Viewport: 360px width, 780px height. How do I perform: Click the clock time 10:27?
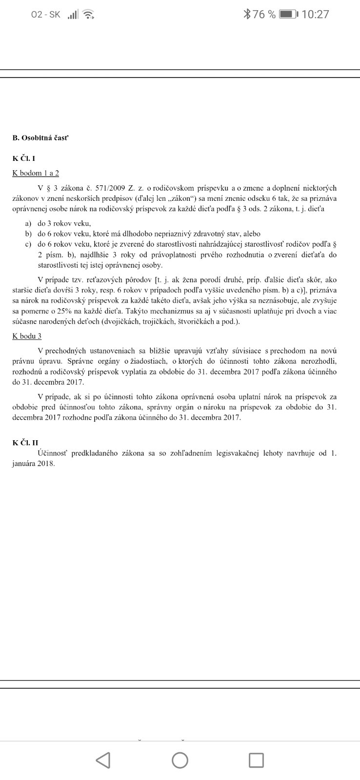316,14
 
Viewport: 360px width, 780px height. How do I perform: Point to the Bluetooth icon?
247,14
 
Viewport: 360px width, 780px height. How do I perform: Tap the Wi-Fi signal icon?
88,14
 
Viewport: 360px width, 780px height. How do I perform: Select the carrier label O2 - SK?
46,14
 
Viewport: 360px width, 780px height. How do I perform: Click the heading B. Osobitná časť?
41,138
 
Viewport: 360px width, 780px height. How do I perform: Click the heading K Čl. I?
24,158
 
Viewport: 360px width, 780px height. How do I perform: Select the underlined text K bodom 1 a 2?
36,173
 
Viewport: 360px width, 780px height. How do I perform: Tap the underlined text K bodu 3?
27,336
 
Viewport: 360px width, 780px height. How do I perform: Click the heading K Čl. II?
25,442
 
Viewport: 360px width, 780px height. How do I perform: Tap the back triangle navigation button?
103,760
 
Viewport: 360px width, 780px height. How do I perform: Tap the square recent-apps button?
256,760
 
